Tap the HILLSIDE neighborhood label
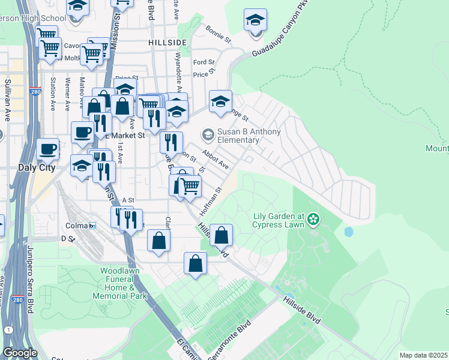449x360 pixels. (x=167, y=43)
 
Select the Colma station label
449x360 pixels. (x=76, y=226)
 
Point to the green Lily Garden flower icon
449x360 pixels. (x=313, y=220)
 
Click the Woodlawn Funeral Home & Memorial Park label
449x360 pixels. (x=120, y=284)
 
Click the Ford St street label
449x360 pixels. (x=204, y=62)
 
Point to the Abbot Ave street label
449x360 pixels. (x=215, y=160)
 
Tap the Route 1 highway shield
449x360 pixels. (x=8, y=330)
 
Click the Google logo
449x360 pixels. (x=19, y=353)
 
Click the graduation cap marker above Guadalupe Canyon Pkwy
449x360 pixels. (x=255, y=20)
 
